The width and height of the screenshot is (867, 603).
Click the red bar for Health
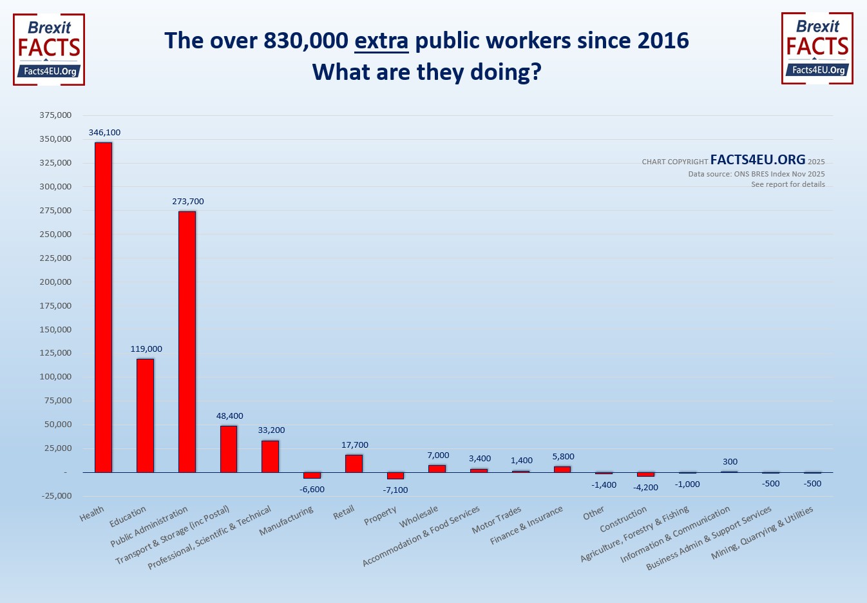point(103,307)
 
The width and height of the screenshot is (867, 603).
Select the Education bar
point(145,416)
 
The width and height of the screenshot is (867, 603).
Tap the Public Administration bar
point(187,341)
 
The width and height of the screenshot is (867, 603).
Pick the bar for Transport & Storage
point(229,449)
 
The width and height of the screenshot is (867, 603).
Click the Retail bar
point(354,463)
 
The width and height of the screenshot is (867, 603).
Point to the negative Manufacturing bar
point(312,475)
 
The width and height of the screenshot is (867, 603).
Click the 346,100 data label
point(104,133)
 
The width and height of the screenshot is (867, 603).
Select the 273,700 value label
point(188,202)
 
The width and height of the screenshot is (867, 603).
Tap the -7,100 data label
point(395,490)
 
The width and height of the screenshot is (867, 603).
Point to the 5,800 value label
point(563,457)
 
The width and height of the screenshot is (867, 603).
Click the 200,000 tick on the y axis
point(55,282)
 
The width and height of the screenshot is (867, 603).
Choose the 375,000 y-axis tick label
point(55,115)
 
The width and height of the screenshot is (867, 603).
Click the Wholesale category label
point(419,517)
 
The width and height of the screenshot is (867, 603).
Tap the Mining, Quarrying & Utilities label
point(762,533)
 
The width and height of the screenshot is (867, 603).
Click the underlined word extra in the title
point(381,41)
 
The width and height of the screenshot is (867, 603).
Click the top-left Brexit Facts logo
point(49,50)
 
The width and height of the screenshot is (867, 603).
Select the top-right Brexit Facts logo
point(817,48)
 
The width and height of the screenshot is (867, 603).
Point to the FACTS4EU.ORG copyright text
point(757,160)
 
